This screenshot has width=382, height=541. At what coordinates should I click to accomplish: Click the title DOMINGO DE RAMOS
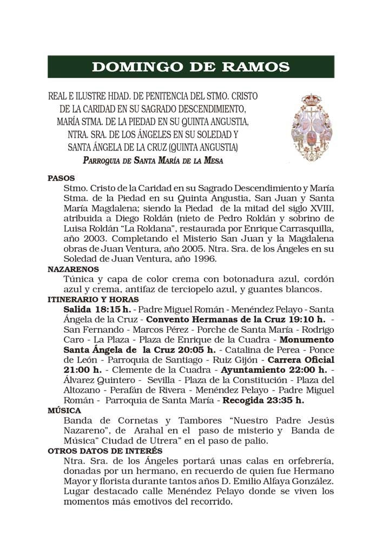[x=190, y=67]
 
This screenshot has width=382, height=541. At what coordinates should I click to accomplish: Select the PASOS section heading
[x=61, y=178]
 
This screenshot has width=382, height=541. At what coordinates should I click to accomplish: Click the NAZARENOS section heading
[x=73, y=269]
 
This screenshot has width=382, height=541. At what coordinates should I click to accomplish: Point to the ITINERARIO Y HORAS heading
[x=93, y=299]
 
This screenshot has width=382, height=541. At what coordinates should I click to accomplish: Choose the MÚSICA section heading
[x=64, y=411]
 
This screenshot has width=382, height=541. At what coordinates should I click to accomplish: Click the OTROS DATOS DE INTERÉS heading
[x=105, y=451]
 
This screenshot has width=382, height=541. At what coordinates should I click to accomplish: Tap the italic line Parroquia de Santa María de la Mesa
[x=153, y=161]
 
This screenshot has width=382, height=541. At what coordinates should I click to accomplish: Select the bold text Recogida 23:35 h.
[x=264, y=401]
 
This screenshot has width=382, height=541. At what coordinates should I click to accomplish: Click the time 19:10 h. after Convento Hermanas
[x=304, y=319]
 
